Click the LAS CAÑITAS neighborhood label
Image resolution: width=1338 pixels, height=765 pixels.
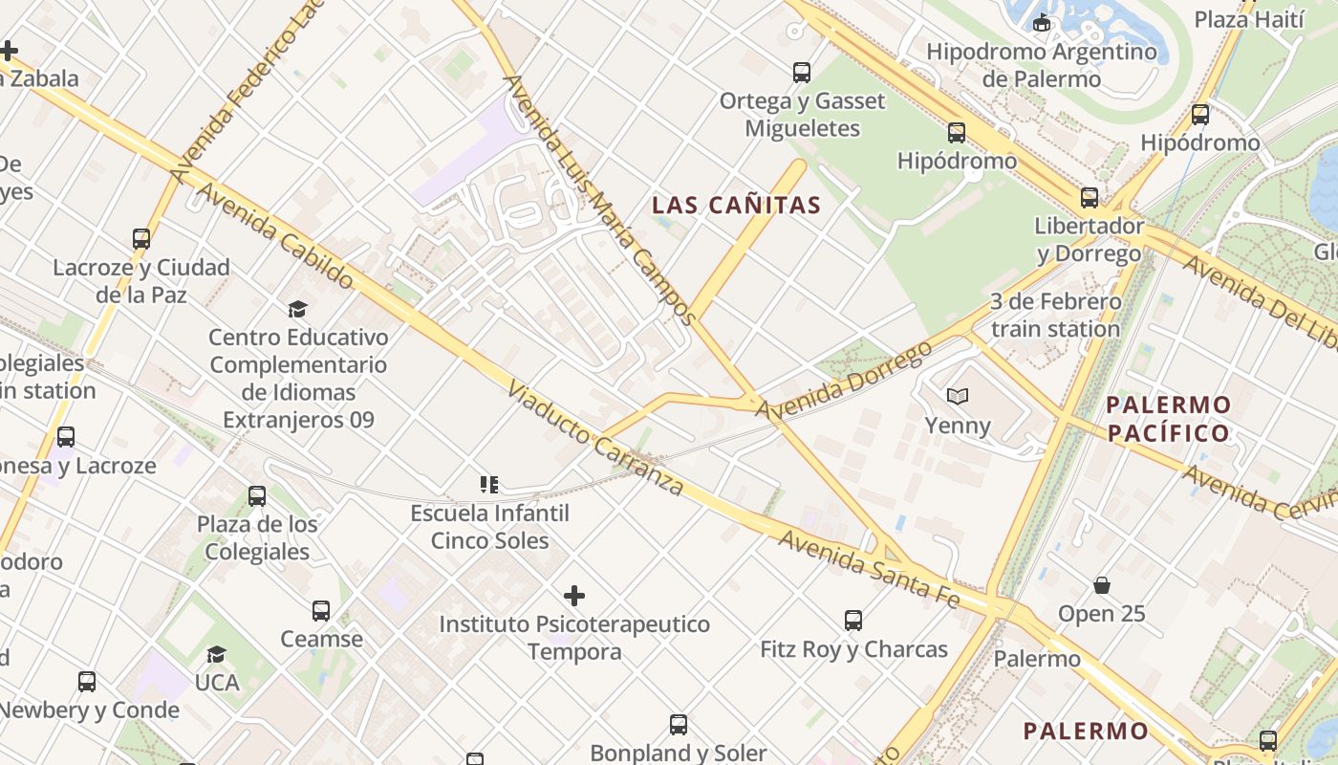(736, 205)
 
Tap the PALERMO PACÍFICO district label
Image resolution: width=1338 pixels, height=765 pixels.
(1168, 419)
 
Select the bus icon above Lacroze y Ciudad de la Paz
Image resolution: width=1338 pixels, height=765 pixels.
(141, 239)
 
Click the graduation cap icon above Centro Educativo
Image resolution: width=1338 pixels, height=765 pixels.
(298, 309)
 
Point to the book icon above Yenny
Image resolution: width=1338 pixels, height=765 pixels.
(958, 396)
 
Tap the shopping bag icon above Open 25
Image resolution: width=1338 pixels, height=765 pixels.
(1102, 585)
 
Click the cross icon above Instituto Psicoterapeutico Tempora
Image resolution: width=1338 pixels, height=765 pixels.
(573, 597)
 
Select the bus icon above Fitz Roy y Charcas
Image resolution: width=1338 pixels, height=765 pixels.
(853, 621)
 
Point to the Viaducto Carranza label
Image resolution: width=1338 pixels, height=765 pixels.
(594, 439)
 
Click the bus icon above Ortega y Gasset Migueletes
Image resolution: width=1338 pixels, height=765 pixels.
(802, 73)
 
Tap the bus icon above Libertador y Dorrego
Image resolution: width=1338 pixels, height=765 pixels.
(1089, 198)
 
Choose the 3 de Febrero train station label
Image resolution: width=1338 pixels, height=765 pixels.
(1055, 316)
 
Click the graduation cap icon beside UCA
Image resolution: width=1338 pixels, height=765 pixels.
(217, 655)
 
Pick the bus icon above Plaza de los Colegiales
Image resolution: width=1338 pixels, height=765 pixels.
(257, 496)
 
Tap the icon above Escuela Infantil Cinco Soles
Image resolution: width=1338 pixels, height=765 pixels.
(489, 485)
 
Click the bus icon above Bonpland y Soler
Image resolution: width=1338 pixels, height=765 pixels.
(678, 725)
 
